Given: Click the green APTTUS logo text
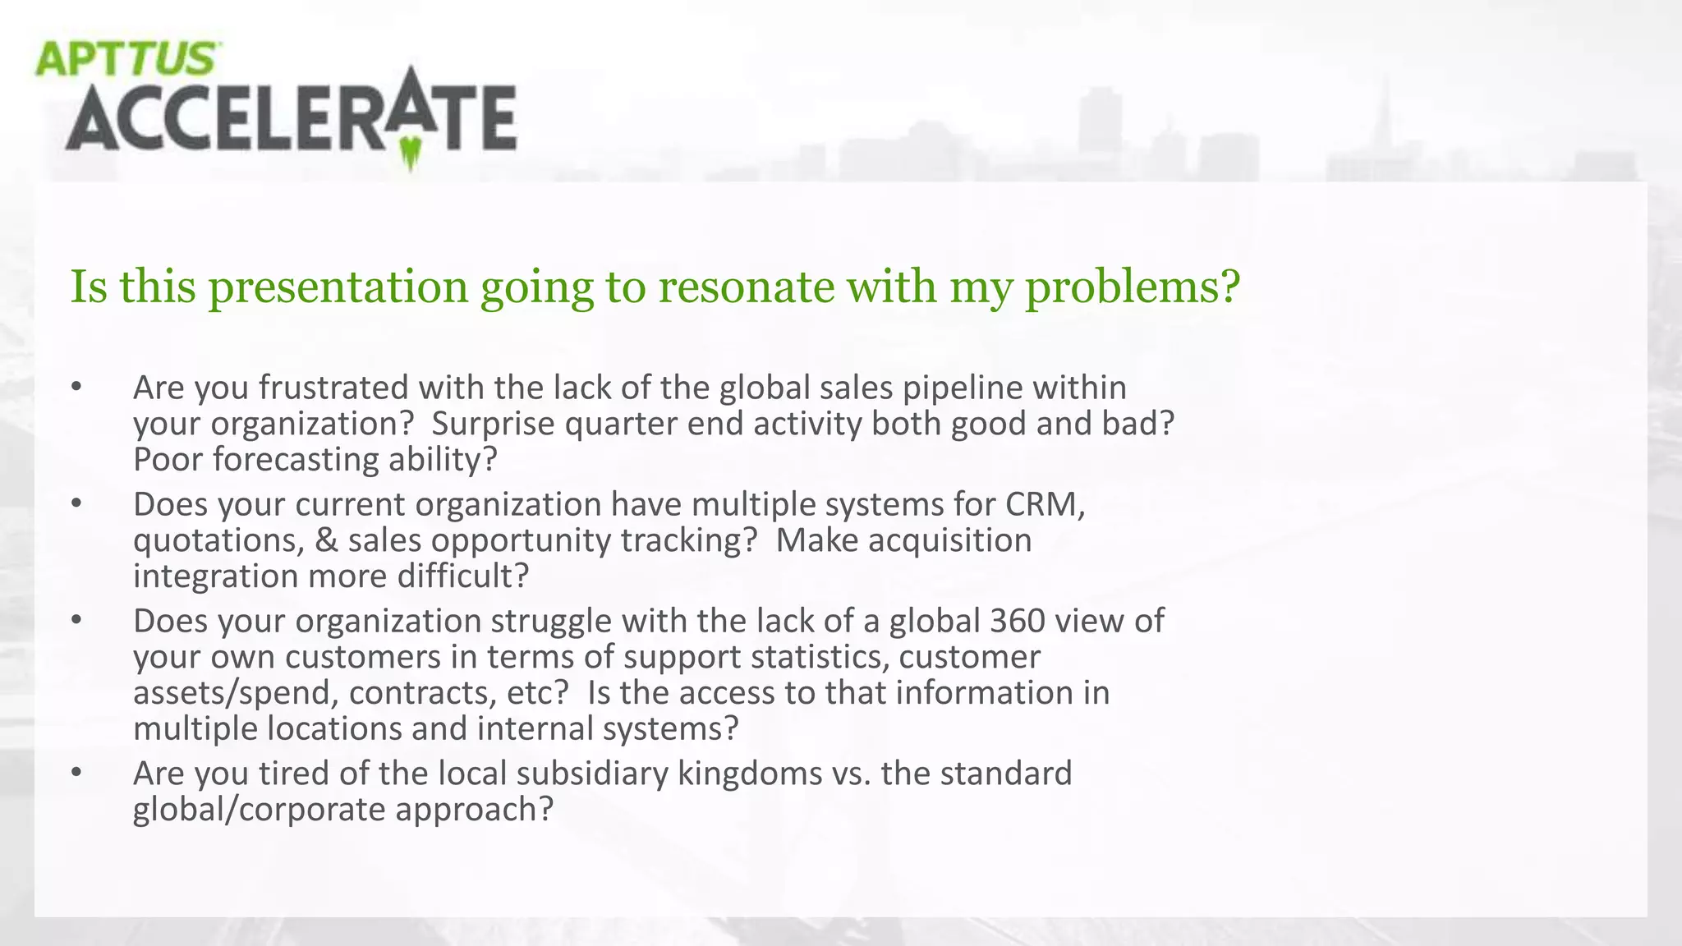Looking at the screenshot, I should [x=126, y=59].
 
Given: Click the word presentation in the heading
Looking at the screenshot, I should [x=338, y=287].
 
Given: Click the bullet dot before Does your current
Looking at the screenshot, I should [x=76, y=504].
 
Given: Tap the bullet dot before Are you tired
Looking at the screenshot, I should [x=76, y=774].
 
